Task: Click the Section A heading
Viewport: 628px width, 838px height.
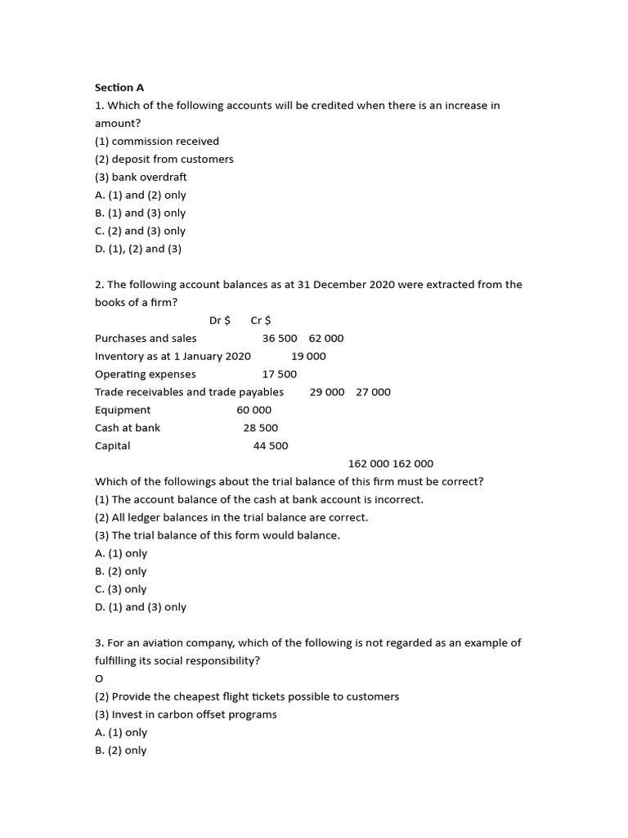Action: [x=119, y=88]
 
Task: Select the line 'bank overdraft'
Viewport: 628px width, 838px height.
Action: [x=141, y=177]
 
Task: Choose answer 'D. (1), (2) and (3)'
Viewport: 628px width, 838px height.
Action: [x=138, y=249]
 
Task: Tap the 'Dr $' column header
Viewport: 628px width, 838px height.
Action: [x=220, y=320]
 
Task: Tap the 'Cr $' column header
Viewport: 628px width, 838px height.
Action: [x=261, y=320]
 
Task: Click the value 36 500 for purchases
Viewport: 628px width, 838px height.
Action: [x=280, y=338]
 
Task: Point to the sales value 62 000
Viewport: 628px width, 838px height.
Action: [x=326, y=338]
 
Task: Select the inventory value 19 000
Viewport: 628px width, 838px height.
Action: [x=308, y=356]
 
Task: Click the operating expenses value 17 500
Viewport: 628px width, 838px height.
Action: [x=280, y=374]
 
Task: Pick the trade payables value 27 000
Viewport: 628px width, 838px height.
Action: [x=373, y=392]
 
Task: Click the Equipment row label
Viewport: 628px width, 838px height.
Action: [x=123, y=410]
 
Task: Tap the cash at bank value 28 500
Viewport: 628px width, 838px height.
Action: [x=261, y=428]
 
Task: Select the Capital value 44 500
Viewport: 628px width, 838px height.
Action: [x=271, y=446]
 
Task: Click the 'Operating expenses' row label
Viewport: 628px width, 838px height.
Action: [x=146, y=374]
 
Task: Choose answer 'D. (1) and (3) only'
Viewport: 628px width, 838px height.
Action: [x=141, y=607]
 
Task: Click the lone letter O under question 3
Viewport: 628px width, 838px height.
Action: [x=99, y=678]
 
